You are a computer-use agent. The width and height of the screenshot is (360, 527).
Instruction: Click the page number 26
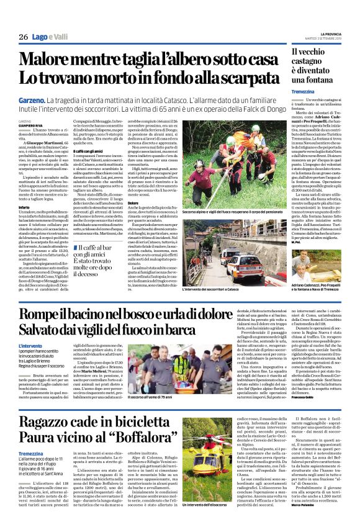tap(22, 38)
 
